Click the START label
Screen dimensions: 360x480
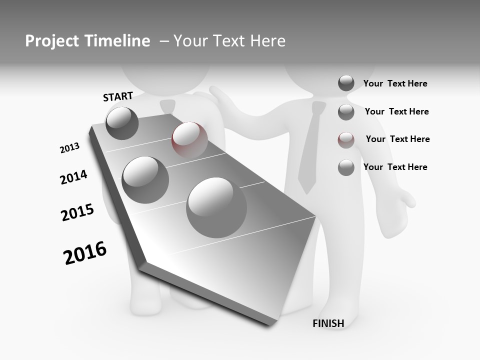[x=118, y=96]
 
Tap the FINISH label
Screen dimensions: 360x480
[x=328, y=323]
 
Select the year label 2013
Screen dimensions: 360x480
[x=69, y=148]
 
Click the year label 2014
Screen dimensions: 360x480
[x=73, y=177]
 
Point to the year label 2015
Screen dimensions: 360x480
[x=77, y=212]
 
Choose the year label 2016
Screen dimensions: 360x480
[x=85, y=253]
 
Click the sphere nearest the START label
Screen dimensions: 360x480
[x=122, y=123]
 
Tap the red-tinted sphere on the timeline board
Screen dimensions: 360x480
[x=189, y=140]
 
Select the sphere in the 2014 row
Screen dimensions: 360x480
[x=145, y=180]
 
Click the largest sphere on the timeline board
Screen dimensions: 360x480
[x=216, y=207]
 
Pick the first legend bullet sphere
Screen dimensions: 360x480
[x=346, y=83]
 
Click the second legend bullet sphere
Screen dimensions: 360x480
[x=346, y=112]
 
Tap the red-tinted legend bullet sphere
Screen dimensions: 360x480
[x=346, y=140]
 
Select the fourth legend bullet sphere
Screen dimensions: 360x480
[x=346, y=167]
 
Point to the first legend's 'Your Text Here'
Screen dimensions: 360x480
[x=395, y=83]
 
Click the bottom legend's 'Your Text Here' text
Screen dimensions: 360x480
[x=395, y=167]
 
